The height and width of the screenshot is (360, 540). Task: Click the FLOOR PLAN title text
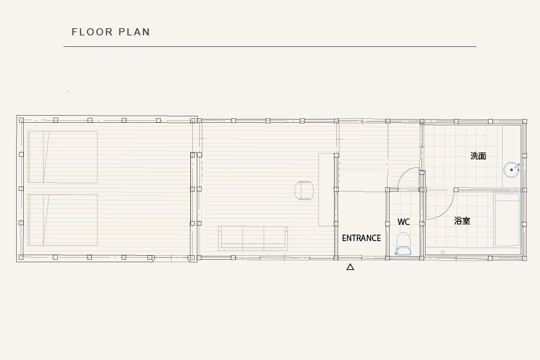pyautogui.click(x=111, y=32)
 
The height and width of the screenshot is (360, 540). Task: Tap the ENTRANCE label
pyautogui.click(x=361, y=238)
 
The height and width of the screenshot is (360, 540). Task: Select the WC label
pyautogui.click(x=403, y=222)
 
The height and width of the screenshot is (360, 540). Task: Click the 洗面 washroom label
pyautogui.click(x=478, y=156)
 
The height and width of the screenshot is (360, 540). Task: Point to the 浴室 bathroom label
pyautogui.click(x=462, y=221)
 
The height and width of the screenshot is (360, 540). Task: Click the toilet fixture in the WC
pyautogui.click(x=403, y=244)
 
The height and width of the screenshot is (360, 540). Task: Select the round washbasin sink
pyautogui.click(x=512, y=170)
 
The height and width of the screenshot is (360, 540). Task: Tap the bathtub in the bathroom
pyautogui.click(x=507, y=220)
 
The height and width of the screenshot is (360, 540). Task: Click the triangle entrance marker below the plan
pyautogui.click(x=350, y=267)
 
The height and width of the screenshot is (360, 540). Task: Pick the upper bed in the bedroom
pyautogui.click(x=63, y=157)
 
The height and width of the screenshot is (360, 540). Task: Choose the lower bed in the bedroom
pyautogui.click(x=63, y=220)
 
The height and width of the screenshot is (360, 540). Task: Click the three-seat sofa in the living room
pyautogui.click(x=253, y=238)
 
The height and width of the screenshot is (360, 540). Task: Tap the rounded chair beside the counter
pyautogui.click(x=304, y=190)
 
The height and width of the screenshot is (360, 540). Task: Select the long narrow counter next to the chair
pyautogui.click(x=326, y=190)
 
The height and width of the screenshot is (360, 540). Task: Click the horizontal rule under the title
pyautogui.click(x=270, y=46)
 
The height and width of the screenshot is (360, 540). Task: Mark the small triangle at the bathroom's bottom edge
pyautogui.click(x=442, y=253)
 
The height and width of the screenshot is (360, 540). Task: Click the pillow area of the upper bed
pyautogui.click(x=37, y=157)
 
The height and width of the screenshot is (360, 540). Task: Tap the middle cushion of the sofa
pyautogui.click(x=253, y=237)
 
